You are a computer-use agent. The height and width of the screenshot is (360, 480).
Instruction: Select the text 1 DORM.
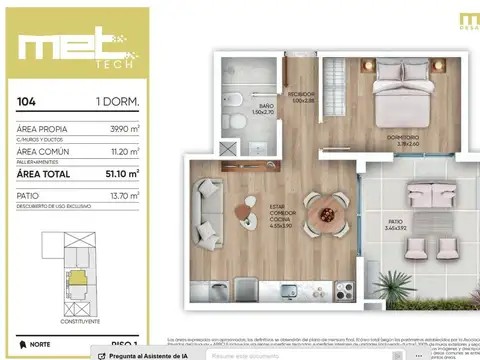click(x=117, y=102)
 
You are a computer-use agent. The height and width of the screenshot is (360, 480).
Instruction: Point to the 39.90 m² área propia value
click(x=123, y=129)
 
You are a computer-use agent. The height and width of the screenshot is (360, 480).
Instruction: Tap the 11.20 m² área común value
click(x=124, y=151)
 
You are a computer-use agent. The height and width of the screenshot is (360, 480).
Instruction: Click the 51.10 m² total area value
click(x=123, y=173)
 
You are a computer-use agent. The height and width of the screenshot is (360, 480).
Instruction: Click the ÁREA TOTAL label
click(x=44, y=173)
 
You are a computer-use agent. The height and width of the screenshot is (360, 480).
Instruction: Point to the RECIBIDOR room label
click(x=301, y=95)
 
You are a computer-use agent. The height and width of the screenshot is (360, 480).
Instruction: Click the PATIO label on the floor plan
click(x=398, y=224)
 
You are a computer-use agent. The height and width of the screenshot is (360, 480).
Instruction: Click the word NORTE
click(x=40, y=345)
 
